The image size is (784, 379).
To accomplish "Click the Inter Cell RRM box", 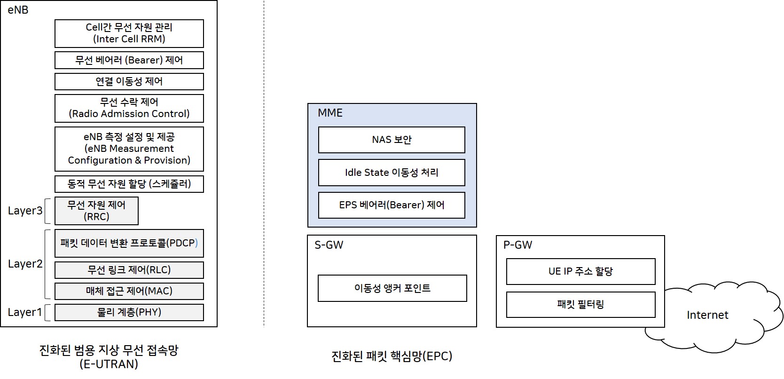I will (129, 33).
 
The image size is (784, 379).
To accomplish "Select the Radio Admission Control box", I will (129, 108).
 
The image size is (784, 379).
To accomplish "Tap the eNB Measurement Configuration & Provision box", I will (129, 149).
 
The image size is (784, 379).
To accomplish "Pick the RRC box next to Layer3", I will (96, 211).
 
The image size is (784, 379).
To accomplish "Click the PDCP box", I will (129, 243).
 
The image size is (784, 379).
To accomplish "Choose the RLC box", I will (129, 270).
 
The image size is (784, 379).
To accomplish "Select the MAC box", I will (129, 291).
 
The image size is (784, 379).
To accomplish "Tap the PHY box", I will (129, 312).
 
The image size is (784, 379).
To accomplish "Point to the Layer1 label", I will (25, 312).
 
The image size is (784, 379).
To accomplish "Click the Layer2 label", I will (25, 264).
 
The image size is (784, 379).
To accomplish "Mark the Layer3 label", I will (25, 211).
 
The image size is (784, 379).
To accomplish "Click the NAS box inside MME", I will (392, 140).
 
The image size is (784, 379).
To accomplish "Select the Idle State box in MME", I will (392, 173).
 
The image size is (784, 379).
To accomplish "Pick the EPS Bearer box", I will (392, 205).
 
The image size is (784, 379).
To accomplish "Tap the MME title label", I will (330, 113).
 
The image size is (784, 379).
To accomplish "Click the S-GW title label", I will (329, 245).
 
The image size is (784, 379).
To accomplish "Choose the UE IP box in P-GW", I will (580, 271).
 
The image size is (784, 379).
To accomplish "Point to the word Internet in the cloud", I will (707, 315).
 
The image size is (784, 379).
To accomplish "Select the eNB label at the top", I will (18, 10).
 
